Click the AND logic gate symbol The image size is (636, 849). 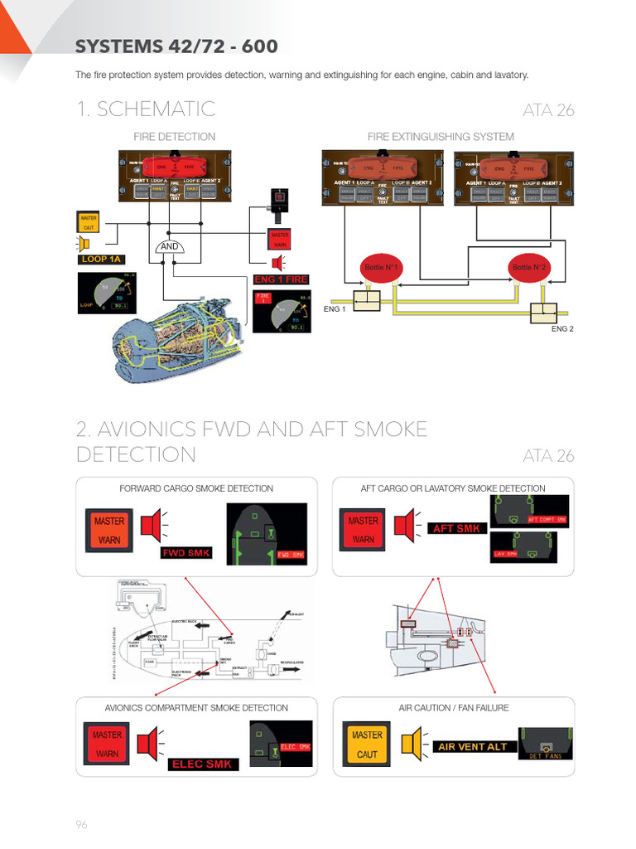click(x=170, y=246)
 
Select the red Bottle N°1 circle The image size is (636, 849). click(x=382, y=268)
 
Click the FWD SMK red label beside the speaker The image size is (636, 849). click(x=185, y=552)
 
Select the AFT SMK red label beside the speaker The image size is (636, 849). click(x=456, y=528)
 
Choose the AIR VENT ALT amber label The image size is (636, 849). click(x=471, y=746)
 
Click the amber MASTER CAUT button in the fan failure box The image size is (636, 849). click(x=366, y=744)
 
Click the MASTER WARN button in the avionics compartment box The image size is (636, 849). click(x=107, y=744)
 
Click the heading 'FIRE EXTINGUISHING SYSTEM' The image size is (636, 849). click(x=441, y=137)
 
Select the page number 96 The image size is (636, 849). click(x=81, y=824)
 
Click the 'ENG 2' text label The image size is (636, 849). click(x=562, y=329)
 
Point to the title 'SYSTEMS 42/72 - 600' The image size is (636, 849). click(x=176, y=46)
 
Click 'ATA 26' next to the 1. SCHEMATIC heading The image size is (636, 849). click(x=548, y=111)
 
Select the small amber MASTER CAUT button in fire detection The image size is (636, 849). click(x=88, y=222)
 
